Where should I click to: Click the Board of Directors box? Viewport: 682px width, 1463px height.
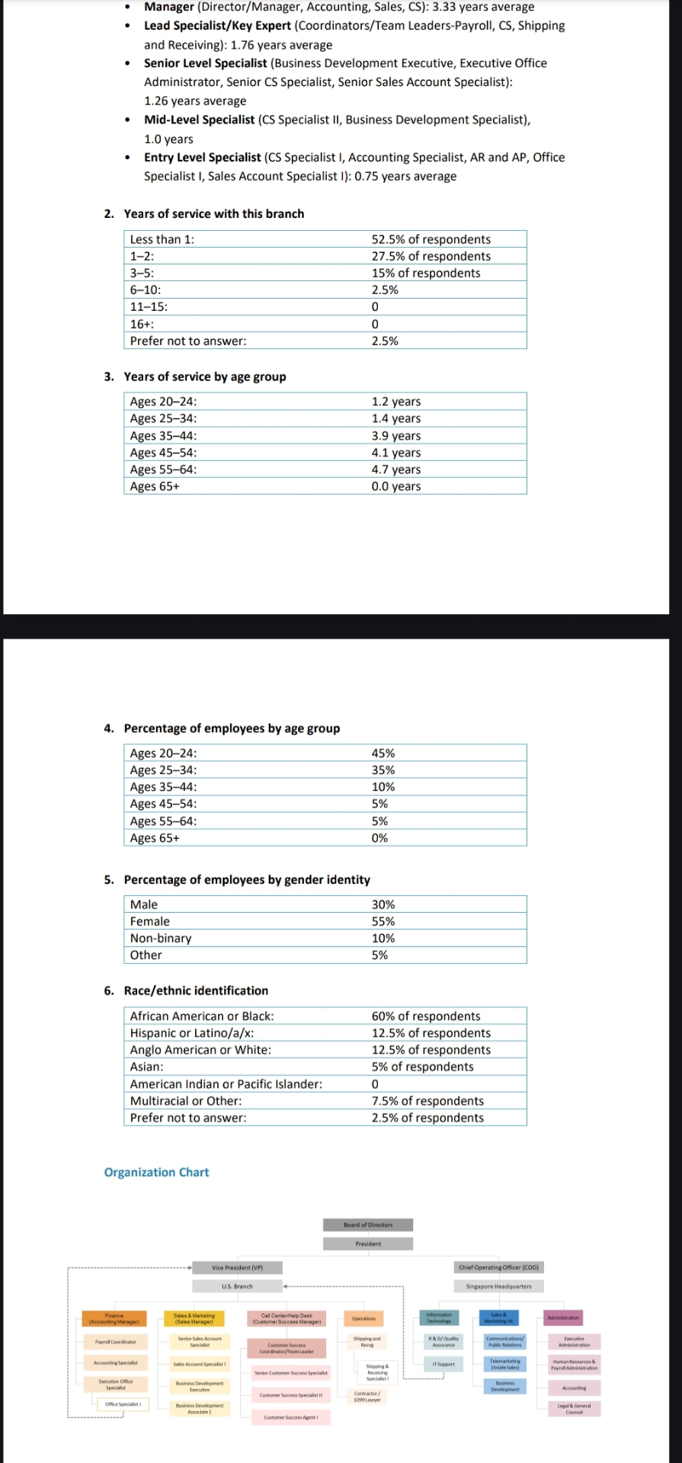click(368, 1225)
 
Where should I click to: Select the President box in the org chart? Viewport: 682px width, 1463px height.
click(368, 1244)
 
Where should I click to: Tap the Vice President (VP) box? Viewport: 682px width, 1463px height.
click(237, 1267)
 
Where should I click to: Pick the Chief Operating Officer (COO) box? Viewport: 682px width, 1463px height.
click(498, 1267)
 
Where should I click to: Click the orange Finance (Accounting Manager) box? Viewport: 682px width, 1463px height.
click(114, 1318)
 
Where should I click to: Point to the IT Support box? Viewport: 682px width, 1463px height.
click(443, 1364)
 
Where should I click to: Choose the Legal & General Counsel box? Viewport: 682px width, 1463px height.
click(574, 1409)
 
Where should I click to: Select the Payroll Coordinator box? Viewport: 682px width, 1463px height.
click(115, 1342)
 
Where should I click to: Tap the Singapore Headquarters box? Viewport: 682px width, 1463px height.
click(498, 1286)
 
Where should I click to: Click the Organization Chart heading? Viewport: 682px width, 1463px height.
click(156, 1172)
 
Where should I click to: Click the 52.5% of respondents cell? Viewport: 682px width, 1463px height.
click(431, 239)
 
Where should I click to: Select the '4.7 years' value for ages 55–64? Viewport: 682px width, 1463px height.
click(395, 469)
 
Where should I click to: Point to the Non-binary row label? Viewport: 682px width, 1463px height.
click(161, 938)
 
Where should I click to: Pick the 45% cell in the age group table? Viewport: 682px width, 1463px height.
click(383, 753)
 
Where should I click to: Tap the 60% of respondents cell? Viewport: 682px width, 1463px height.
click(425, 1016)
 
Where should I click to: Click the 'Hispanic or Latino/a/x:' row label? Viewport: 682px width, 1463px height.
click(192, 1032)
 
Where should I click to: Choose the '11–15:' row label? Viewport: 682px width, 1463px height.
click(149, 306)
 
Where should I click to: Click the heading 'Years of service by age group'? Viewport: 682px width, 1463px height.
click(205, 376)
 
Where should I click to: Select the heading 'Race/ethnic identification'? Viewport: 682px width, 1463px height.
click(196, 991)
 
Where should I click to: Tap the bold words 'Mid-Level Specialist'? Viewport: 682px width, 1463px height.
click(199, 120)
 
